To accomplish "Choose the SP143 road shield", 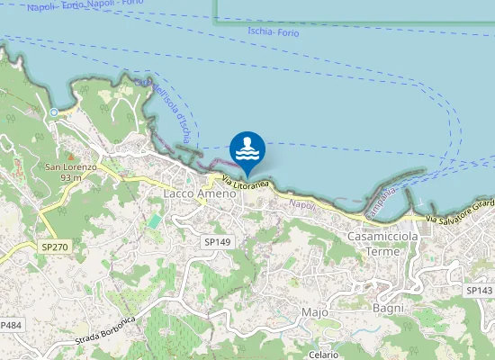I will pyautogui.click(x=480, y=291).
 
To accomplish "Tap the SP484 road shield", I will pyautogui.click(x=10, y=324).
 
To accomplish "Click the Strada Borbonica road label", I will pyautogui.click(x=105, y=329).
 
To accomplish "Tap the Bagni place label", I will pyautogui.click(x=388, y=308).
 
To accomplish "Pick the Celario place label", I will pyautogui.click(x=323, y=355).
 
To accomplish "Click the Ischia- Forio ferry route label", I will pyautogui.click(x=272, y=32).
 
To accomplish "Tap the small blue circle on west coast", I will pyautogui.click(x=54, y=112).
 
